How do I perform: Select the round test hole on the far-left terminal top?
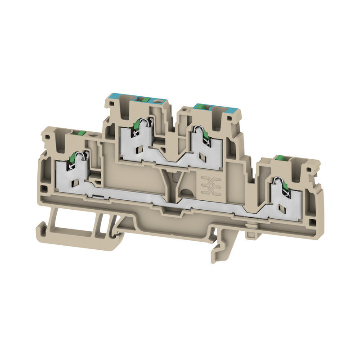[x=93, y=135]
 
